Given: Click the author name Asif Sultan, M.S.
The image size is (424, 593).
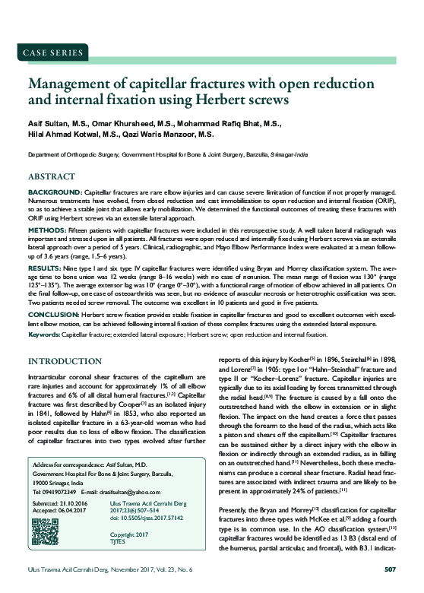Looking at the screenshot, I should pyautogui.click(x=59, y=125).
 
